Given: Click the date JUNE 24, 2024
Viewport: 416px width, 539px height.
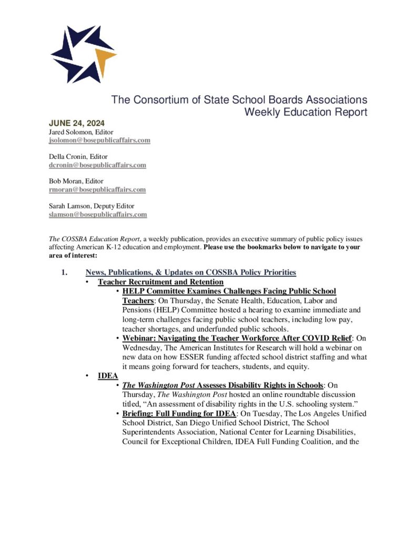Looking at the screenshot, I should [x=75, y=124].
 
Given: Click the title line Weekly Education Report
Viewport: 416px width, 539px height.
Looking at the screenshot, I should [x=306, y=112].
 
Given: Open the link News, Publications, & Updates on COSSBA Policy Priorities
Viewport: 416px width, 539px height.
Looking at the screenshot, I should [x=190, y=272].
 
